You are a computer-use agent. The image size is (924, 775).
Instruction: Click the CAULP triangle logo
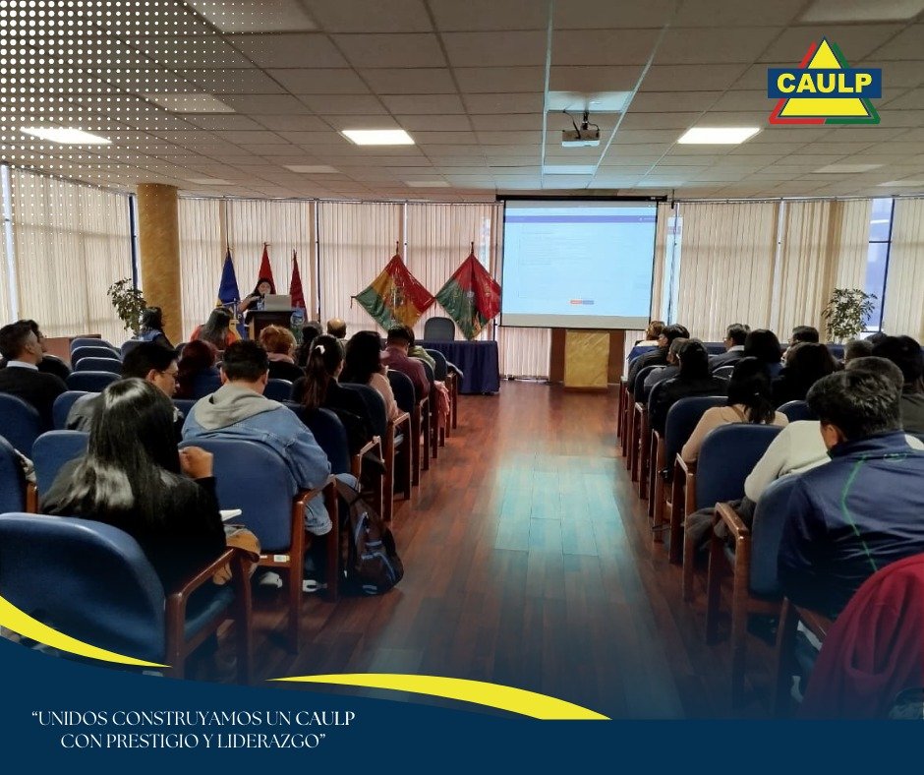(824, 83)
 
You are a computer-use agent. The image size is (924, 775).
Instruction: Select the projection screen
(578, 264)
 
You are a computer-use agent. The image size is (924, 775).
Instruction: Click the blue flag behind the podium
(228, 281)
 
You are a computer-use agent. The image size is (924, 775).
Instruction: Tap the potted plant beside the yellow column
(127, 305)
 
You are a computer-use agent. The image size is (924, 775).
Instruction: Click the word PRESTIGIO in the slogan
(150, 741)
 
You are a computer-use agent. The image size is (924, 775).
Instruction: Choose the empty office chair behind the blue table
(439, 329)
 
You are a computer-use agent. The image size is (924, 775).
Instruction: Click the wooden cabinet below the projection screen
(586, 358)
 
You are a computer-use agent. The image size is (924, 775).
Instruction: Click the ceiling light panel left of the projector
(377, 137)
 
